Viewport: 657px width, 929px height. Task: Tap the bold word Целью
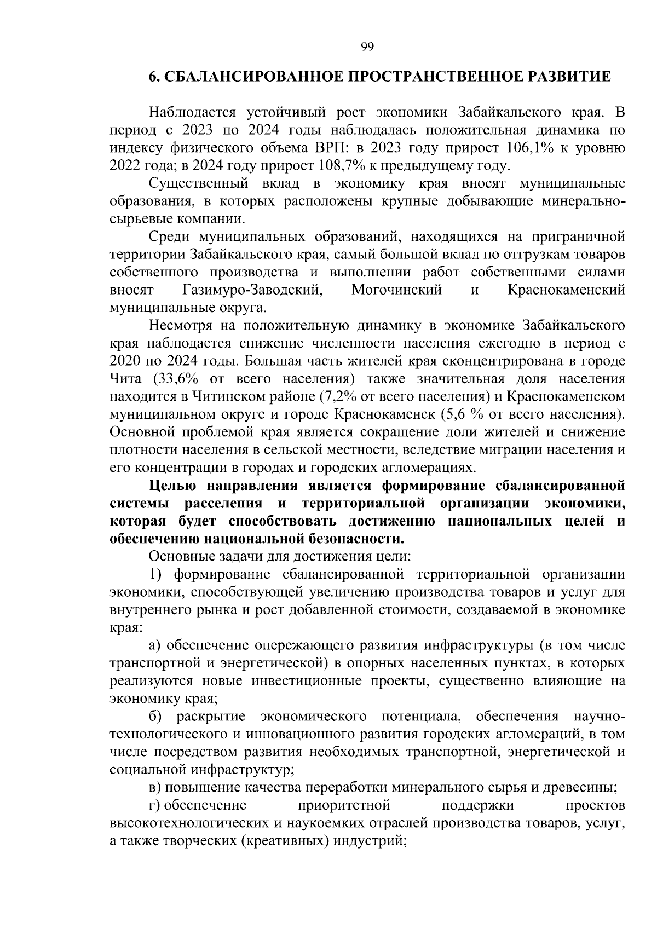pyautogui.click(x=173, y=486)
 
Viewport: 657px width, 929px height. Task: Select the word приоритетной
pyautogui.click(x=344, y=805)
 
